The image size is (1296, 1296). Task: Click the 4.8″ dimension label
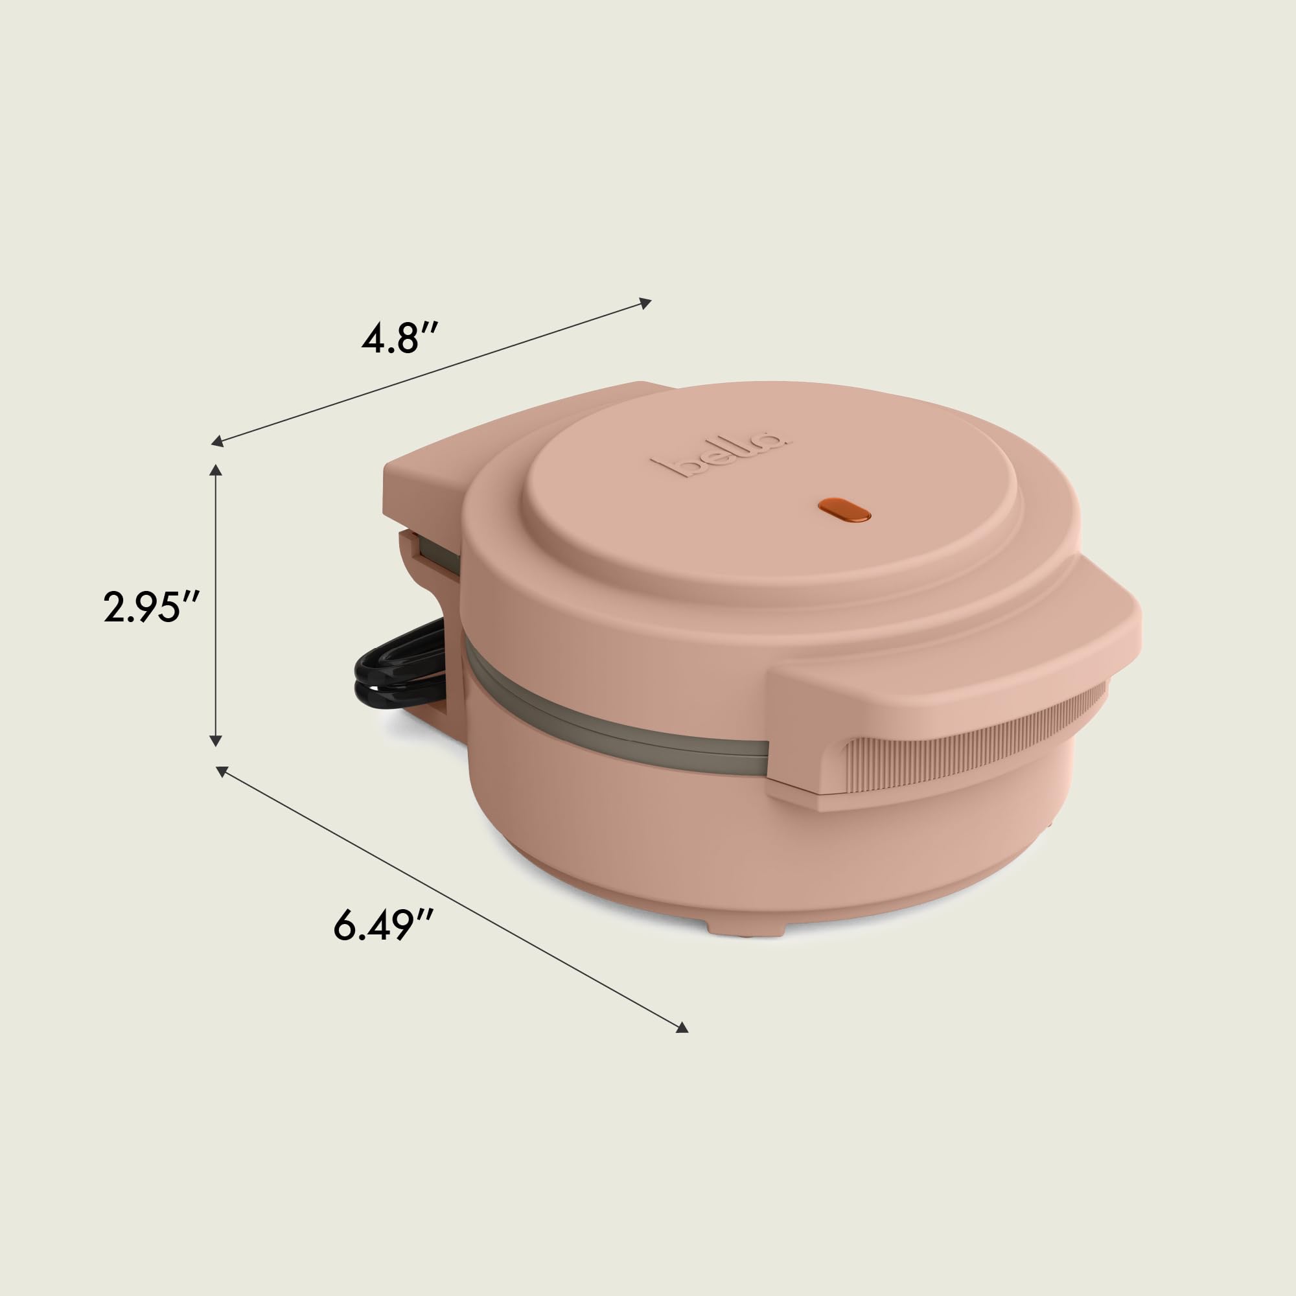click(x=400, y=339)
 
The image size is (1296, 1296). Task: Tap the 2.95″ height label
click(x=150, y=608)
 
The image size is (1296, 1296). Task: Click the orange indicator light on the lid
click(x=844, y=509)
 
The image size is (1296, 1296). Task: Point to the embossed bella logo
click(x=722, y=457)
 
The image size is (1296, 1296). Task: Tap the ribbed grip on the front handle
click(x=973, y=762)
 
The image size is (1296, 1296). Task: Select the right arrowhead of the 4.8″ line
click(x=645, y=303)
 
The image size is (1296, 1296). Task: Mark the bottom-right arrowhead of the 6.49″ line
click(x=682, y=1046)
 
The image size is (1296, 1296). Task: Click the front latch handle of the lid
click(x=953, y=698)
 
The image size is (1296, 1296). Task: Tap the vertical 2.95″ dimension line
click(x=216, y=570)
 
